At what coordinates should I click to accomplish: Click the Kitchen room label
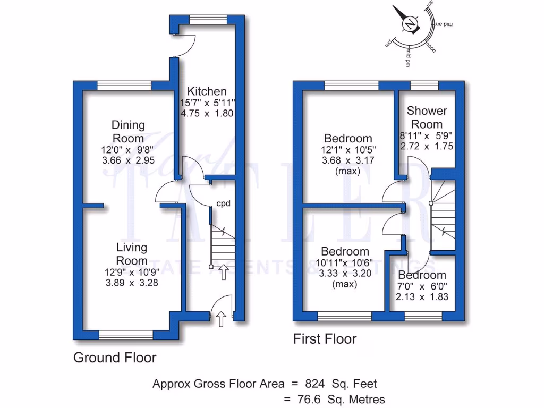click(206, 91)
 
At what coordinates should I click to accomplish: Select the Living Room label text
click(132, 254)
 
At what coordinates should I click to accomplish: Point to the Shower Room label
click(427, 117)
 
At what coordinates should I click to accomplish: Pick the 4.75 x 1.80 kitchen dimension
click(206, 114)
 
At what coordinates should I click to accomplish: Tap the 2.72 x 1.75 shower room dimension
click(428, 146)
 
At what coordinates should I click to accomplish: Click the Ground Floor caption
click(115, 358)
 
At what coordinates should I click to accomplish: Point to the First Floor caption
click(325, 339)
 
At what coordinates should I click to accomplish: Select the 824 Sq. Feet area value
click(341, 383)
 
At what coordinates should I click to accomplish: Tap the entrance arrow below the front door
click(222, 318)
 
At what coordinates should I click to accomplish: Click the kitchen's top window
click(203, 20)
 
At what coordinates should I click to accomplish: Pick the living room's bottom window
click(126, 335)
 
